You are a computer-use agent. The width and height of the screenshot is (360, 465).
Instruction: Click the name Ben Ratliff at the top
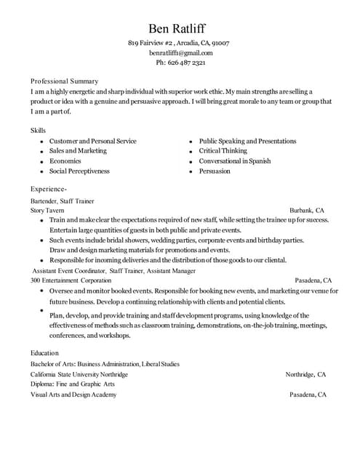coord(177,28)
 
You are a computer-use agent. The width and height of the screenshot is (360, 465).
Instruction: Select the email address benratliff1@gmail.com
coord(181,53)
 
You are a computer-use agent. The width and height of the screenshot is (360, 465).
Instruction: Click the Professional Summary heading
coord(65,81)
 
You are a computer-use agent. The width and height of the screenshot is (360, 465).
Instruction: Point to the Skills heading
coord(38,130)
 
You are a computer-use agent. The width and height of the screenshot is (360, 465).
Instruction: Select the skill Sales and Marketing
coord(78,151)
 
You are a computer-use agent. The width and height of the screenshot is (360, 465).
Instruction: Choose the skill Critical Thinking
coord(223,151)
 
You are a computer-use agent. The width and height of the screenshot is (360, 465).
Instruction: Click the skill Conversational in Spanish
coord(235,161)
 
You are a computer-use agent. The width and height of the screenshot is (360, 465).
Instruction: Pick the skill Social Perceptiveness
coord(79,171)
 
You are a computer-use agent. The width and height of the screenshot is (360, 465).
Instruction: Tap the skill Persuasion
coord(215,171)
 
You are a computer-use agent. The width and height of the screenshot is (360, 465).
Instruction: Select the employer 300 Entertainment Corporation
coord(71,280)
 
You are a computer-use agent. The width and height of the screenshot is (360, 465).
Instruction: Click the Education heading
coord(44,353)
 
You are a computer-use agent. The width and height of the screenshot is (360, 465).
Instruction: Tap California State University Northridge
coord(79,374)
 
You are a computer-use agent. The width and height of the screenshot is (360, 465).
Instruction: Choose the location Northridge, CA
coord(305,374)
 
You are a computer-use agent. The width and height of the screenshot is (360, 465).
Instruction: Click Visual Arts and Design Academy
coord(73,395)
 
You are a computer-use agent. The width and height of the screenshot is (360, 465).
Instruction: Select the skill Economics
coord(65,161)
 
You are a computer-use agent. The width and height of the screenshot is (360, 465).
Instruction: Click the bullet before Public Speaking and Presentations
coord(190,142)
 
